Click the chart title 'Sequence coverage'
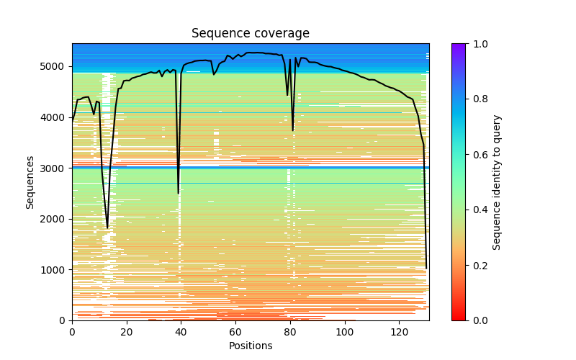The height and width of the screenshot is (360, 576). pos(250,34)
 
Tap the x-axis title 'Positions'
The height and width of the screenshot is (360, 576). pos(250,346)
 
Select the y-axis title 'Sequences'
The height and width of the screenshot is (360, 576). pos(30,182)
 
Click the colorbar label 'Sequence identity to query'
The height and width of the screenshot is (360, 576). pos(497,182)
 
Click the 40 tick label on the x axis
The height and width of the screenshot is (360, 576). pos(181,332)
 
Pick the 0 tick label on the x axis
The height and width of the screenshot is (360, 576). pos(72,332)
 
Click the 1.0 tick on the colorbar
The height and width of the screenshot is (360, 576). pos(466,44)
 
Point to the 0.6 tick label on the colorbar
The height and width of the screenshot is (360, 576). pos(477,155)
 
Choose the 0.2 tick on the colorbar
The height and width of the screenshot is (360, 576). pos(466,265)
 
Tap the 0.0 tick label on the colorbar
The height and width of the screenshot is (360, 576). pos(477,320)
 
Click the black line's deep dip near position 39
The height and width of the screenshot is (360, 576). pos(179,193)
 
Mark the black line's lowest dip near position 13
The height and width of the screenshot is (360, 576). pos(107,228)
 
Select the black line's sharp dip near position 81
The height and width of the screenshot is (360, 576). pos(293,130)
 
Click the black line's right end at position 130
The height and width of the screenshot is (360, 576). pos(426,268)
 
